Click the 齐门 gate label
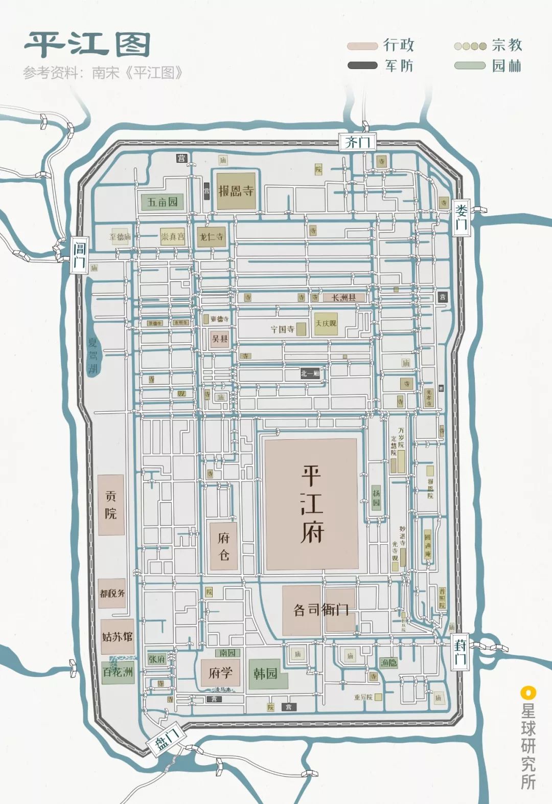tap(357, 142)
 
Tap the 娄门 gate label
tap(461, 217)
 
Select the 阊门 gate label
tap(79, 255)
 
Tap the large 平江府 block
tap(311, 504)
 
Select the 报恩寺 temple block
tap(236, 191)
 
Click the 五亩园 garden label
tap(162, 202)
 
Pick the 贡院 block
tap(111, 505)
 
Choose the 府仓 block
tap(224, 546)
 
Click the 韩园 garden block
tap(266, 674)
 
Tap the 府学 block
tap(220, 673)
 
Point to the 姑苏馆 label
tap(117, 637)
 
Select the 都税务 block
tap(112, 593)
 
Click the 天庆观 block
tap(326, 324)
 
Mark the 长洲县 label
tap(343, 298)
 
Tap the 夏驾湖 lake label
tap(93, 355)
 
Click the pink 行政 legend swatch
tap(362, 46)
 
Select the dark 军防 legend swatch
tap(362, 65)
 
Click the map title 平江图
tap(87, 45)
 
